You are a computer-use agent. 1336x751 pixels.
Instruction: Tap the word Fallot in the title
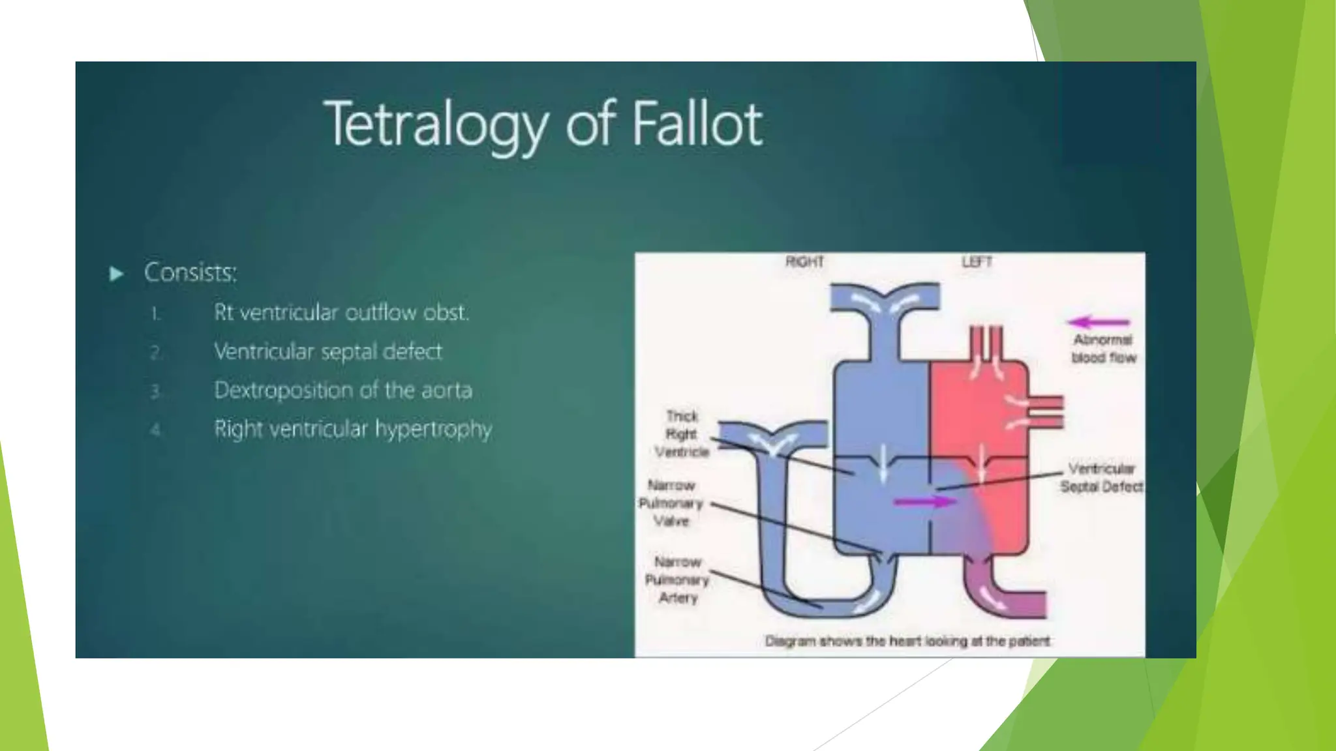click(x=697, y=124)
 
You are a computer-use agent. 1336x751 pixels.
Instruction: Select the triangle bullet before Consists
click(x=116, y=274)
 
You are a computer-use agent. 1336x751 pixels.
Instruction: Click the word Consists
click(x=190, y=272)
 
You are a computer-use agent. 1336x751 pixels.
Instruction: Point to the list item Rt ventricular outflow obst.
click(x=341, y=313)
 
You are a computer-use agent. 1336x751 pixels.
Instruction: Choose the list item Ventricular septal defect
click(x=327, y=352)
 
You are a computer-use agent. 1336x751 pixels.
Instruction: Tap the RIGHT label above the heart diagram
click(x=804, y=262)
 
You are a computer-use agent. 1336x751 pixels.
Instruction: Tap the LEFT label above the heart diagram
click(x=977, y=262)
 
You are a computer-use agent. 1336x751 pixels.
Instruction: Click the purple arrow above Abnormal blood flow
click(x=1098, y=322)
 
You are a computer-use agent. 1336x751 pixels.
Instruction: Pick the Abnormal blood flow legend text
click(x=1103, y=349)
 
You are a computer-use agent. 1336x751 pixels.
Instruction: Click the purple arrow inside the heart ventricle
click(x=924, y=501)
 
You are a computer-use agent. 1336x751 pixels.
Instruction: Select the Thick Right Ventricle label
click(x=682, y=434)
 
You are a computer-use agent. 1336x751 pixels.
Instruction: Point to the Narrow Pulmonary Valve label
click(x=671, y=503)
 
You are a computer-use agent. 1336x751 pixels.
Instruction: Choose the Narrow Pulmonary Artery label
click(x=677, y=580)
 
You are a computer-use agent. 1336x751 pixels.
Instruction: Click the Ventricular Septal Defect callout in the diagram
click(x=1101, y=478)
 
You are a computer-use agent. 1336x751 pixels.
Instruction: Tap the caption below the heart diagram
click(x=907, y=641)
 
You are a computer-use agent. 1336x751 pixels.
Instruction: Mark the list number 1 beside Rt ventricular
click(x=155, y=315)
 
